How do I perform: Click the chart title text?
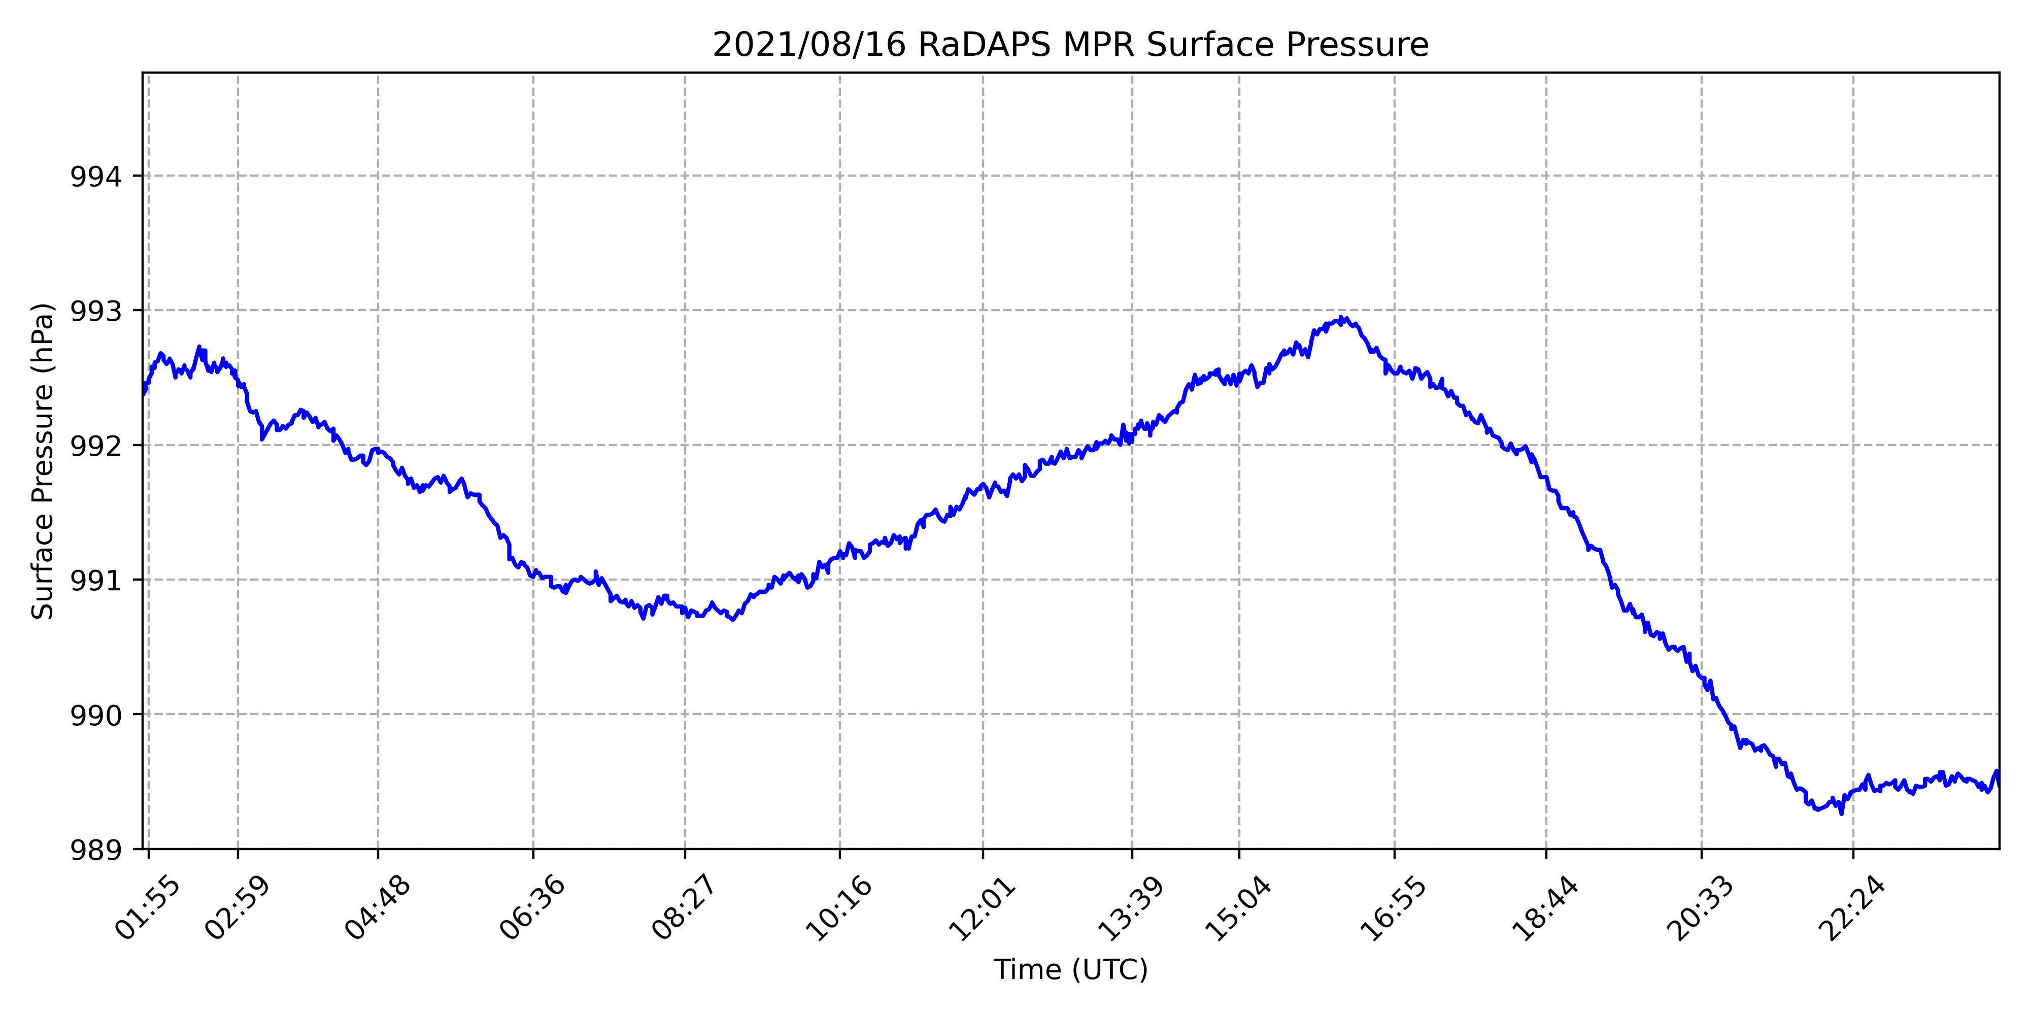(1070, 46)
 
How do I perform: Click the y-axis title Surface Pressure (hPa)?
(43, 461)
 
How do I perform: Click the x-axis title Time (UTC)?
(1070, 969)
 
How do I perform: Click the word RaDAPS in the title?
(984, 46)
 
